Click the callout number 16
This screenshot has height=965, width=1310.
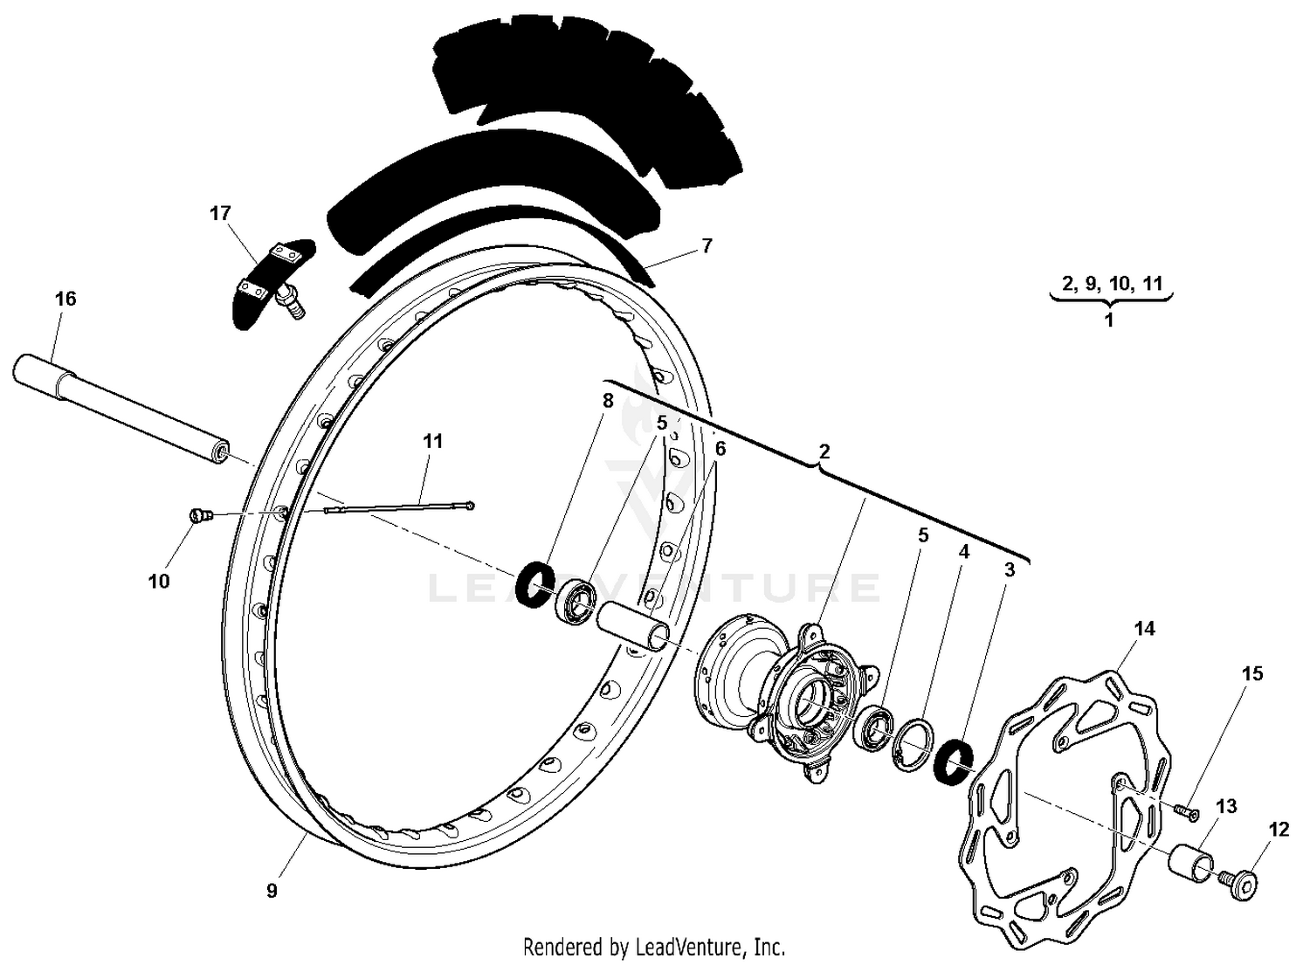point(65,299)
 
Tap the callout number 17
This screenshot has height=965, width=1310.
point(220,212)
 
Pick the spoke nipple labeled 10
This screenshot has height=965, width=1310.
point(200,516)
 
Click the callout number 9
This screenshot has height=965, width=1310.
point(272,891)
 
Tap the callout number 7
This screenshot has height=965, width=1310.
point(707,245)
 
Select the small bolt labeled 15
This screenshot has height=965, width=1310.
point(1187,812)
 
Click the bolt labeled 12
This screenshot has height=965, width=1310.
point(1243,884)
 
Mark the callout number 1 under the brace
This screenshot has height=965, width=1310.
point(1109,320)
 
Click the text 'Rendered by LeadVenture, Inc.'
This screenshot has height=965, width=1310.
point(654,946)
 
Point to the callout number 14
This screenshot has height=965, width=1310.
point(1144,629)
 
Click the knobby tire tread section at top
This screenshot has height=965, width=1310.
point(585,96)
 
